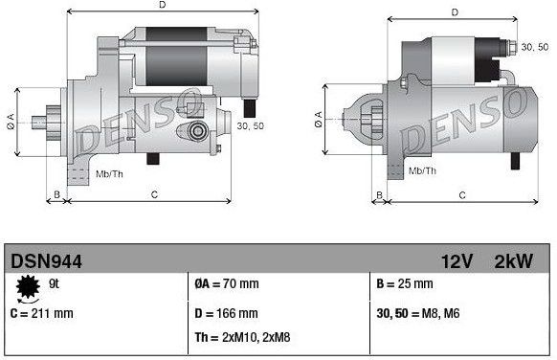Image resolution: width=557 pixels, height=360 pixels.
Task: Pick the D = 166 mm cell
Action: (x=227, y=312)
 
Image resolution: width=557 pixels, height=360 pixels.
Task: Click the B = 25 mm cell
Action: (x=406, y=284)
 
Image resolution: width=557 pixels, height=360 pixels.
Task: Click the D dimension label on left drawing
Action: (x=162, y=6)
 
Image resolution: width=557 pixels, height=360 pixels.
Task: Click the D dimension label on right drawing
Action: (x=455, y=11)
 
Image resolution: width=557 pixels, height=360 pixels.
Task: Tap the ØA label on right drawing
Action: (x=317, y=120)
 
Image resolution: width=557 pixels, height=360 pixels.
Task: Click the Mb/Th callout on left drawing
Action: (x=109, y=173)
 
